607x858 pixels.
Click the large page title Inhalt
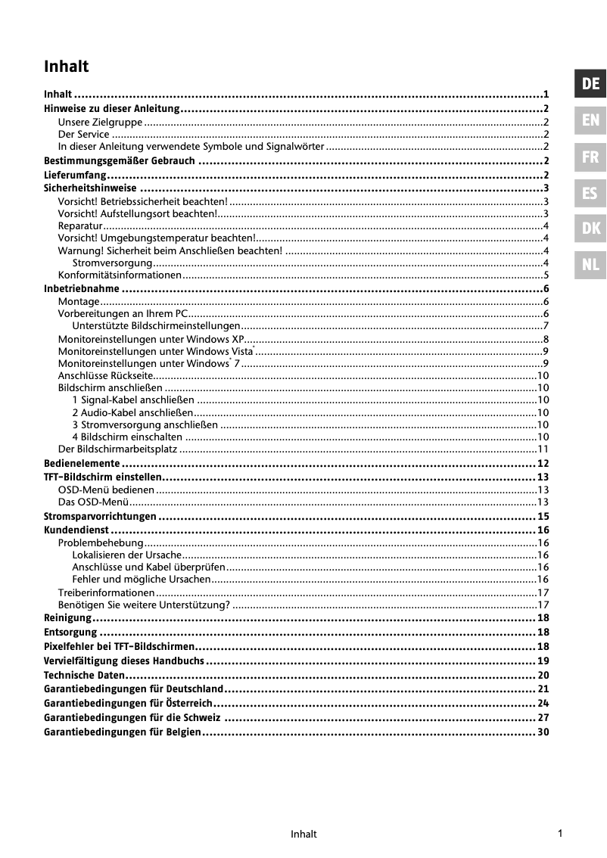coord(67,67)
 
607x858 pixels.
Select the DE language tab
coord(591,84)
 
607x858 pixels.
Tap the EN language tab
coord(591,120)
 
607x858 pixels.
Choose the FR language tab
coord(591,157)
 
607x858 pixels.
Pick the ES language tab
coord(591,193)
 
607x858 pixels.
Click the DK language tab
coord(591,228)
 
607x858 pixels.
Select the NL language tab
coord(591,265)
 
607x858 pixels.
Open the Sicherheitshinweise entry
coord(90,188)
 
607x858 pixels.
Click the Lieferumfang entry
coord(74,175)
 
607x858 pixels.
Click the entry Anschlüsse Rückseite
coord(105,375)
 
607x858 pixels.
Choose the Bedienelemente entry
coord(82,463)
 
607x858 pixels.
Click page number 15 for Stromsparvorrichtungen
coord(542,517)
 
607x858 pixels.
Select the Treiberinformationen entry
coord(106,592)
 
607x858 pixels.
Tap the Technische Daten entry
coord(84,675)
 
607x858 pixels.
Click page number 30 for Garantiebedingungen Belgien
coord(542,732)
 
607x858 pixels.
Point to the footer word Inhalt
coord(303,835)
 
